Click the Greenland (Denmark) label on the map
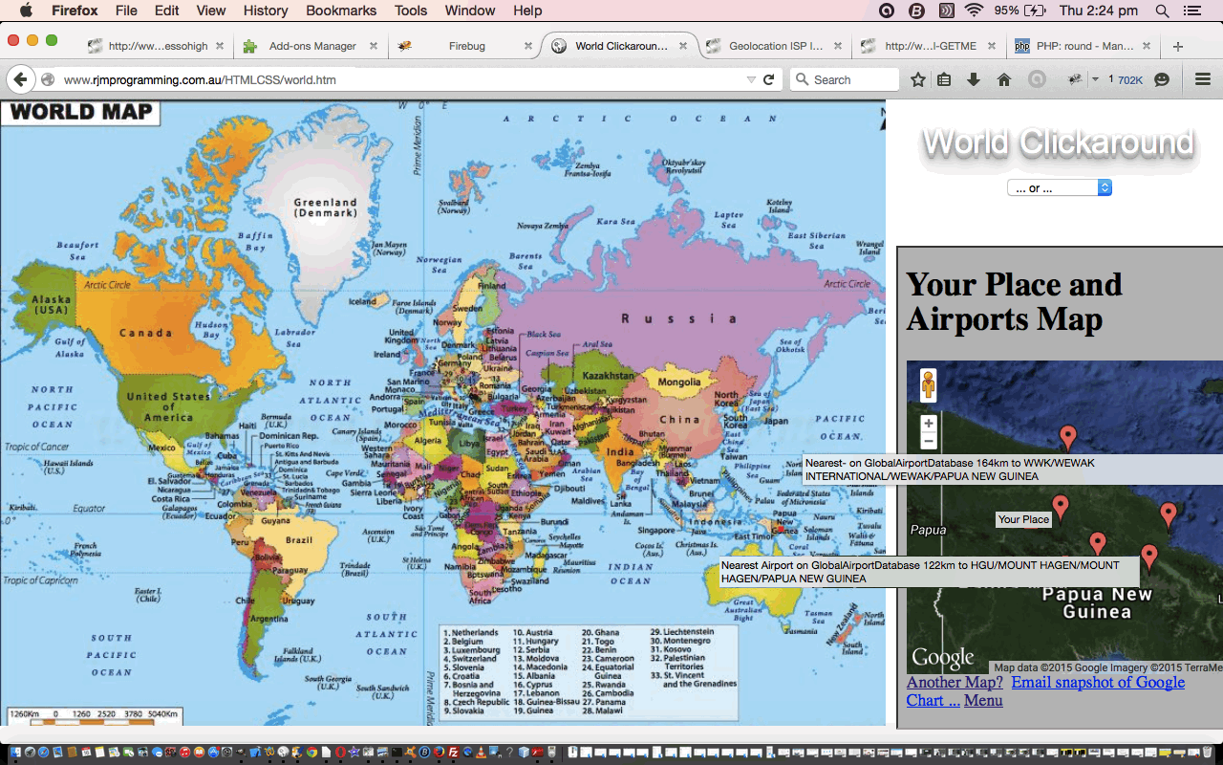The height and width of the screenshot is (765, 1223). pyautogui.click(x=325, y=208)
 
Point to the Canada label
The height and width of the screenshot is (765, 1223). pyautogui.click(x=145, y=333)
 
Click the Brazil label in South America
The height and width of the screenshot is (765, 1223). pyautogui.click(x=299, y=540)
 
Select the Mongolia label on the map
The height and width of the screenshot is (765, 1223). pyautogui.click(x=678, y=382)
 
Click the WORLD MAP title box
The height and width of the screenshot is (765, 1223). pyautogui.click(x=81, y=112)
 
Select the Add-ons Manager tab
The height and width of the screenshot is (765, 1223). pyautogui.click(x=312, y=46)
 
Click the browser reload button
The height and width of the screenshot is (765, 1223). pyautogui.click(x=768, y=80)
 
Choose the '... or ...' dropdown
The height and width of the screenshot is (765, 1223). pyautogui.click(x=1059, y=188)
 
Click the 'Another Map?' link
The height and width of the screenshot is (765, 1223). pyautogui.click(x=955, y=682)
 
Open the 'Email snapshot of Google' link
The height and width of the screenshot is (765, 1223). pyautogui.click(x=1098, y=682)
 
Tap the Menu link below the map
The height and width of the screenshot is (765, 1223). pyautogui.click(x=983, y=700)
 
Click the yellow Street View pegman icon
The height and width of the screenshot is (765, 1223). pyautogui.click(x=928, y=385)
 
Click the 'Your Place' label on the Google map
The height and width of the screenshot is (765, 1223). pyautogui.click(x=1023, y=519)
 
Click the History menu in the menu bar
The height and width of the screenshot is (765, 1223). pyautogui.click(x=266, y=11)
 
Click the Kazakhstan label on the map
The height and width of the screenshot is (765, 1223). pyautogui.click(x=608, y=376)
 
